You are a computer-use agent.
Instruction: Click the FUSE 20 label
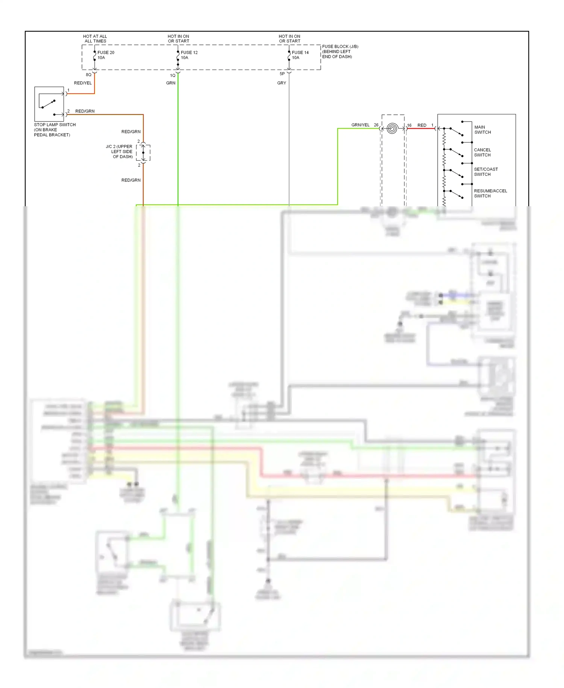click(106, 53)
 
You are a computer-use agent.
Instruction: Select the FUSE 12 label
click(189, 53)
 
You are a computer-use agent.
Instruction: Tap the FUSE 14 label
click(300, 53)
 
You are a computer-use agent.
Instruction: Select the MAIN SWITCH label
click(482, 130)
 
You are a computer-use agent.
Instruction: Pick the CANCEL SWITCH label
click(482, 152)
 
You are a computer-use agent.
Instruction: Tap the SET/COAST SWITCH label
click(485, 172)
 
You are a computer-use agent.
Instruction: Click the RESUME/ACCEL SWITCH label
click(490, 193)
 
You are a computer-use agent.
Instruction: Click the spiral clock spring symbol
click(392, 129)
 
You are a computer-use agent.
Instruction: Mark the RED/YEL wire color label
click(83, 83)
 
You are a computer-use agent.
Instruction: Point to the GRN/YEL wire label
click(360, 125)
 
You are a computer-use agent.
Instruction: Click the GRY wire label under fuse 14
click(282, 83)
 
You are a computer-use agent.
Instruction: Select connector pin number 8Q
click(89, 75)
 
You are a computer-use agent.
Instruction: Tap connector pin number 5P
click(282, 74)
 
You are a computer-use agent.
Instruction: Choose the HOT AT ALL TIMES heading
click(95, 39)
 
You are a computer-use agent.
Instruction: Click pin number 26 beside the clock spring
click(376, 125)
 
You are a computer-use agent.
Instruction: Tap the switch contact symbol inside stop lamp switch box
click(48, 104)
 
